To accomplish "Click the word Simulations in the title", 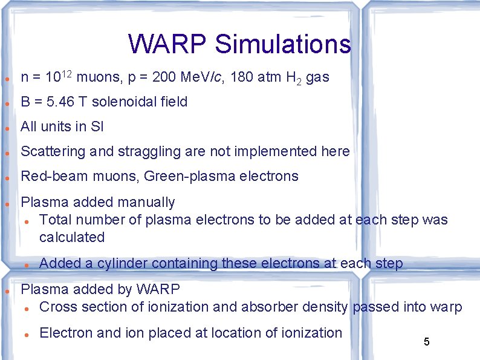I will tap(282, 44).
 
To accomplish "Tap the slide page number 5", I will tap(426, 342).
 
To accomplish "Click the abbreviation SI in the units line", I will tap(97, 126).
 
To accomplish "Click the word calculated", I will tap(72, 237).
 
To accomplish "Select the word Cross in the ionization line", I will tap(57, 307).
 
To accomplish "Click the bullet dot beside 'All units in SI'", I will tap(7, 128).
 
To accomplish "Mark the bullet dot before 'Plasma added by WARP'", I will tap(7, 291).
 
